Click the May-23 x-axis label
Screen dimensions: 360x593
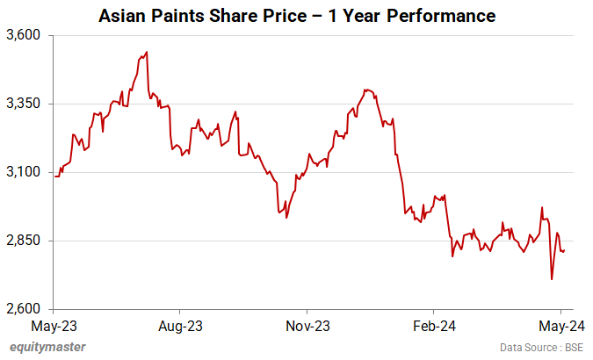(x=54, y=326)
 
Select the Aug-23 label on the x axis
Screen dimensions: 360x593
(x=180, y=326)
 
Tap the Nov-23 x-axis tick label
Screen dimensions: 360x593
(x=308, y=326)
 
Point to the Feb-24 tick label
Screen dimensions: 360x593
(x=435, y=326)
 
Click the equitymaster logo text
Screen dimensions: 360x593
(x=48, y=347)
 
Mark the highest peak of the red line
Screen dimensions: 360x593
(x=146, y=52)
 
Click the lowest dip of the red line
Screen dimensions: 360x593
(x=552, y=279)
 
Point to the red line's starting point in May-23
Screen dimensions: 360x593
(x=54, y=176)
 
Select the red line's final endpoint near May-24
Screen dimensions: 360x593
(x=564, y=251)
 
